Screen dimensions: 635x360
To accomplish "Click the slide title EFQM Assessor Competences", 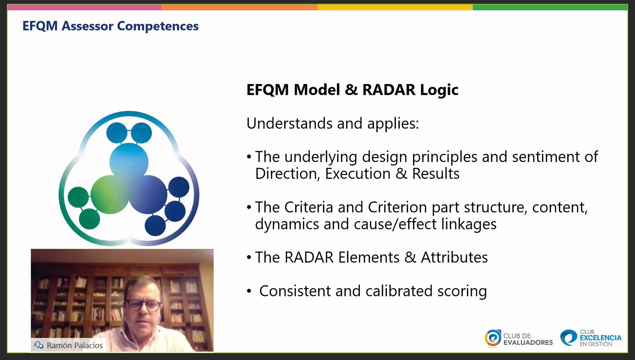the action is [x=110, y=26].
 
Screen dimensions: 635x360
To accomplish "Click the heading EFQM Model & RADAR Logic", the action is [x=353, y=90].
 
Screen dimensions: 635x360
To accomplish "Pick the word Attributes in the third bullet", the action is [x=455, y=257].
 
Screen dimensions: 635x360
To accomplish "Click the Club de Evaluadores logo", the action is [x=519, y=338].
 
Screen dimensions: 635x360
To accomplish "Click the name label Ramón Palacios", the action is [x=75, y=346].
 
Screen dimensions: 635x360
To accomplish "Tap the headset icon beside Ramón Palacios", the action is [x=39, y=345].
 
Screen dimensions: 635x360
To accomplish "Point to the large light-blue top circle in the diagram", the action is [x=129, y=162].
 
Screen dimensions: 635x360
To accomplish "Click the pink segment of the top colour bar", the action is [x=85, y=7].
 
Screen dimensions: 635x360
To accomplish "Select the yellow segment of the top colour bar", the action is [x=395, y=7].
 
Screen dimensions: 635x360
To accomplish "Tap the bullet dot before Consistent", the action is [x=249, y=291].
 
